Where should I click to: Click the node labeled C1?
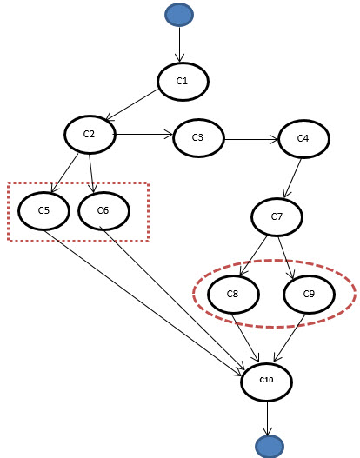tap(183, 82)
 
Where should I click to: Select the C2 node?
tap(90, 135)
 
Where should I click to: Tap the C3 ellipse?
tap(199, 138)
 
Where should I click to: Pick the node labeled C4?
tap(304, 139)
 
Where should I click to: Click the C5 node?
tap(43, 211)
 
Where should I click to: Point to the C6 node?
tap(103, 211)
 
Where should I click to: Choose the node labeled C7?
tap(277, 217)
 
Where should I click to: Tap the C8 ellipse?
tap(233, 294)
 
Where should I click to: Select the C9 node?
tap(310, 294)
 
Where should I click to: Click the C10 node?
tap(266, 382)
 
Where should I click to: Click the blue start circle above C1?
tap(179, 15)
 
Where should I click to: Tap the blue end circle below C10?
tap(270, 447)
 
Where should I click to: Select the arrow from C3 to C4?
tap(251, 139)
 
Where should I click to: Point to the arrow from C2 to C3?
tap(143, 135)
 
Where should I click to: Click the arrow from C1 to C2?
tap(131, 104)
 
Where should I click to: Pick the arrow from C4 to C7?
tap(292, 177)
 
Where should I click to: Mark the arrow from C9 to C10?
tap(290, 338)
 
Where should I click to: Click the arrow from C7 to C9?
tap(286, 257)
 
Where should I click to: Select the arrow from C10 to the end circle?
tap(267, 419)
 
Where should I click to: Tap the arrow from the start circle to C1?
tap(179, 44)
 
